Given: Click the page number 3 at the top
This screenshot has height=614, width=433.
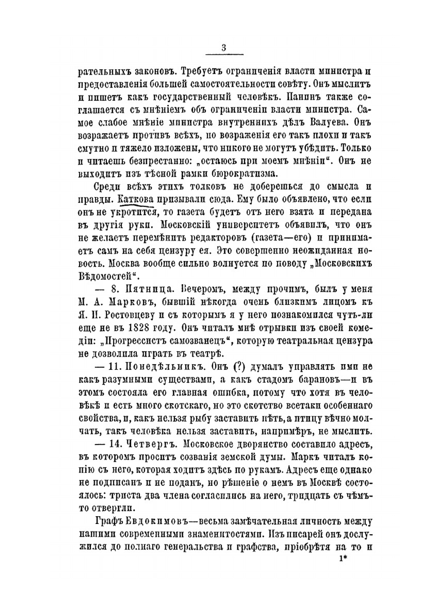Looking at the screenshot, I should click(x=224, y=48).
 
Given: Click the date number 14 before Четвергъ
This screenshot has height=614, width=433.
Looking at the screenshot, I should click(x=113, y=445).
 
